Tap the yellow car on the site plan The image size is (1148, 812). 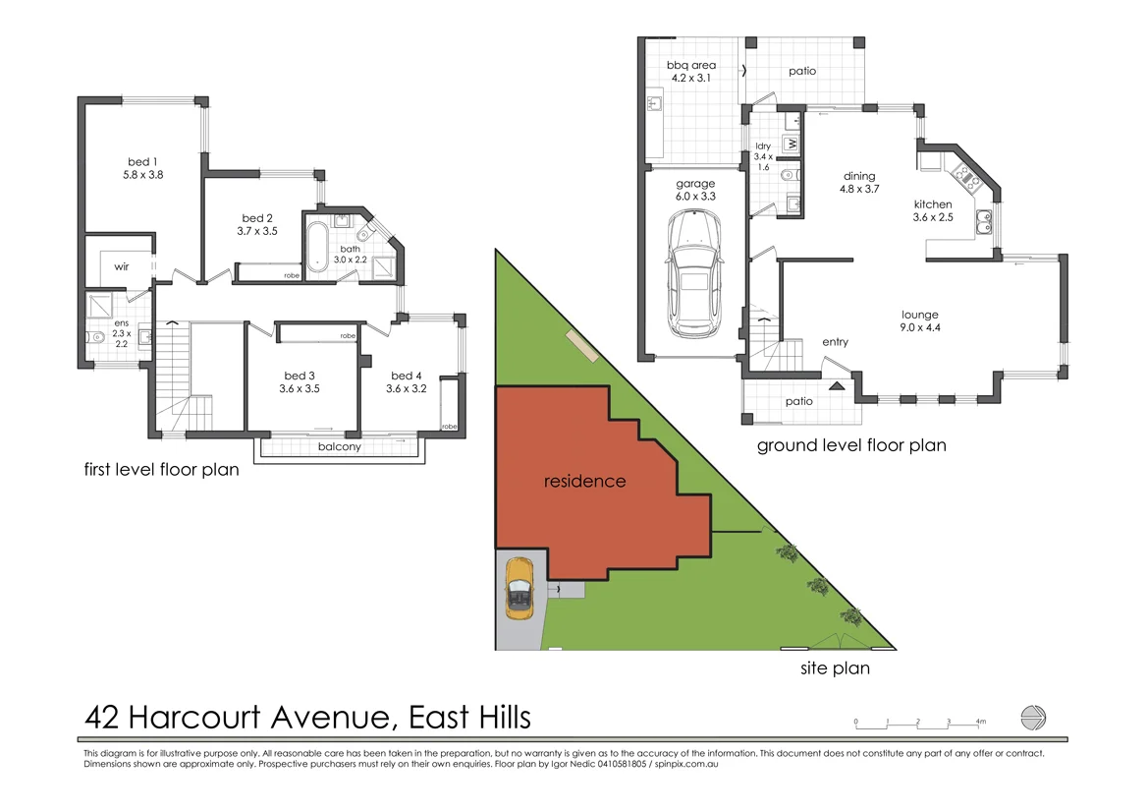519,588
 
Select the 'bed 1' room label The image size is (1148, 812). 143,161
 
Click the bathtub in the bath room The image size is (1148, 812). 317,250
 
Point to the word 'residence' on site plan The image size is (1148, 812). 584,482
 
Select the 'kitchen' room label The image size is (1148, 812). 933,204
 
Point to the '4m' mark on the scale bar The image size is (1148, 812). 980,722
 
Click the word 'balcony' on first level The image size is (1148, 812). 340,446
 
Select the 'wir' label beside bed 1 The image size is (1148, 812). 123,266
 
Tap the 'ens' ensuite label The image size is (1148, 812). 121,322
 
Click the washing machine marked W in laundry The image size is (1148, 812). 791,144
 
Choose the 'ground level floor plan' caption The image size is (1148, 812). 851,445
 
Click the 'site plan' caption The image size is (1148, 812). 833,669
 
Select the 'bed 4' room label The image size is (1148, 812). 406,376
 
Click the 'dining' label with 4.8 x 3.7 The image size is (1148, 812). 858,177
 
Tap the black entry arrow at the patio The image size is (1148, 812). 837,386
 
